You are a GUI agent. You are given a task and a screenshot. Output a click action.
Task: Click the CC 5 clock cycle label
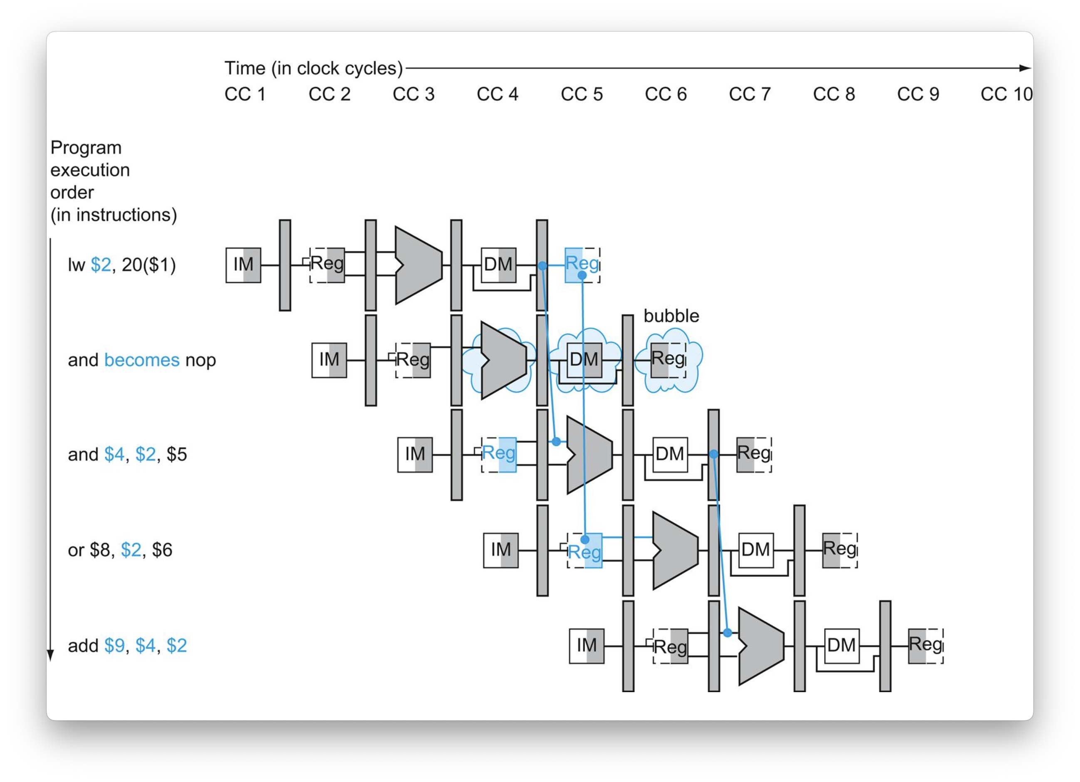[x=582, y=94]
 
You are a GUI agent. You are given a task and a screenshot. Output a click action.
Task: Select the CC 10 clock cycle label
[x=1006, y=94]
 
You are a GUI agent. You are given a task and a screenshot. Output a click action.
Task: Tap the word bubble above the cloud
[x=671, y=316]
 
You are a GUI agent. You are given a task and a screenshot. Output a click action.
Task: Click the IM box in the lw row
[x=243, y=265]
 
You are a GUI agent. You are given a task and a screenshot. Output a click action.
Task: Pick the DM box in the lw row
[x=498, y=265]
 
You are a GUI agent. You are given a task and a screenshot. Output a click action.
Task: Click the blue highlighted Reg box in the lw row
[x=582, y=265]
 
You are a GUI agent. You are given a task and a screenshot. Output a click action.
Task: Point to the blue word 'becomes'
[x=142, y=360]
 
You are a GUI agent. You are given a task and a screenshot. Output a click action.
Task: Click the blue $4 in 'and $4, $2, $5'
[x=114, y=454]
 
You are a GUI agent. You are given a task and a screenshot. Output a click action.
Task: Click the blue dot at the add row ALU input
[x=727, y=633]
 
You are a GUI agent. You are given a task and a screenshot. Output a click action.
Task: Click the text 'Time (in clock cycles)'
[x=314, y=69]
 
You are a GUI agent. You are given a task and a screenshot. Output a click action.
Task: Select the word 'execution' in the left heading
[x=90, y=170]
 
